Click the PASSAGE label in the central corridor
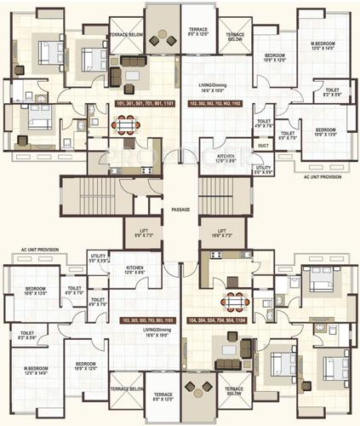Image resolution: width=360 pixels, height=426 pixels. (x=180, y=209)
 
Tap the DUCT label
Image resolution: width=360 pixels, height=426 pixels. (x=263, y=146)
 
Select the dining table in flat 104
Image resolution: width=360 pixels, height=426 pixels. (x=233, y=302)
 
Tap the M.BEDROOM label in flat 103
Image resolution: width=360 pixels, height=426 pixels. (x=36, y=371)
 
